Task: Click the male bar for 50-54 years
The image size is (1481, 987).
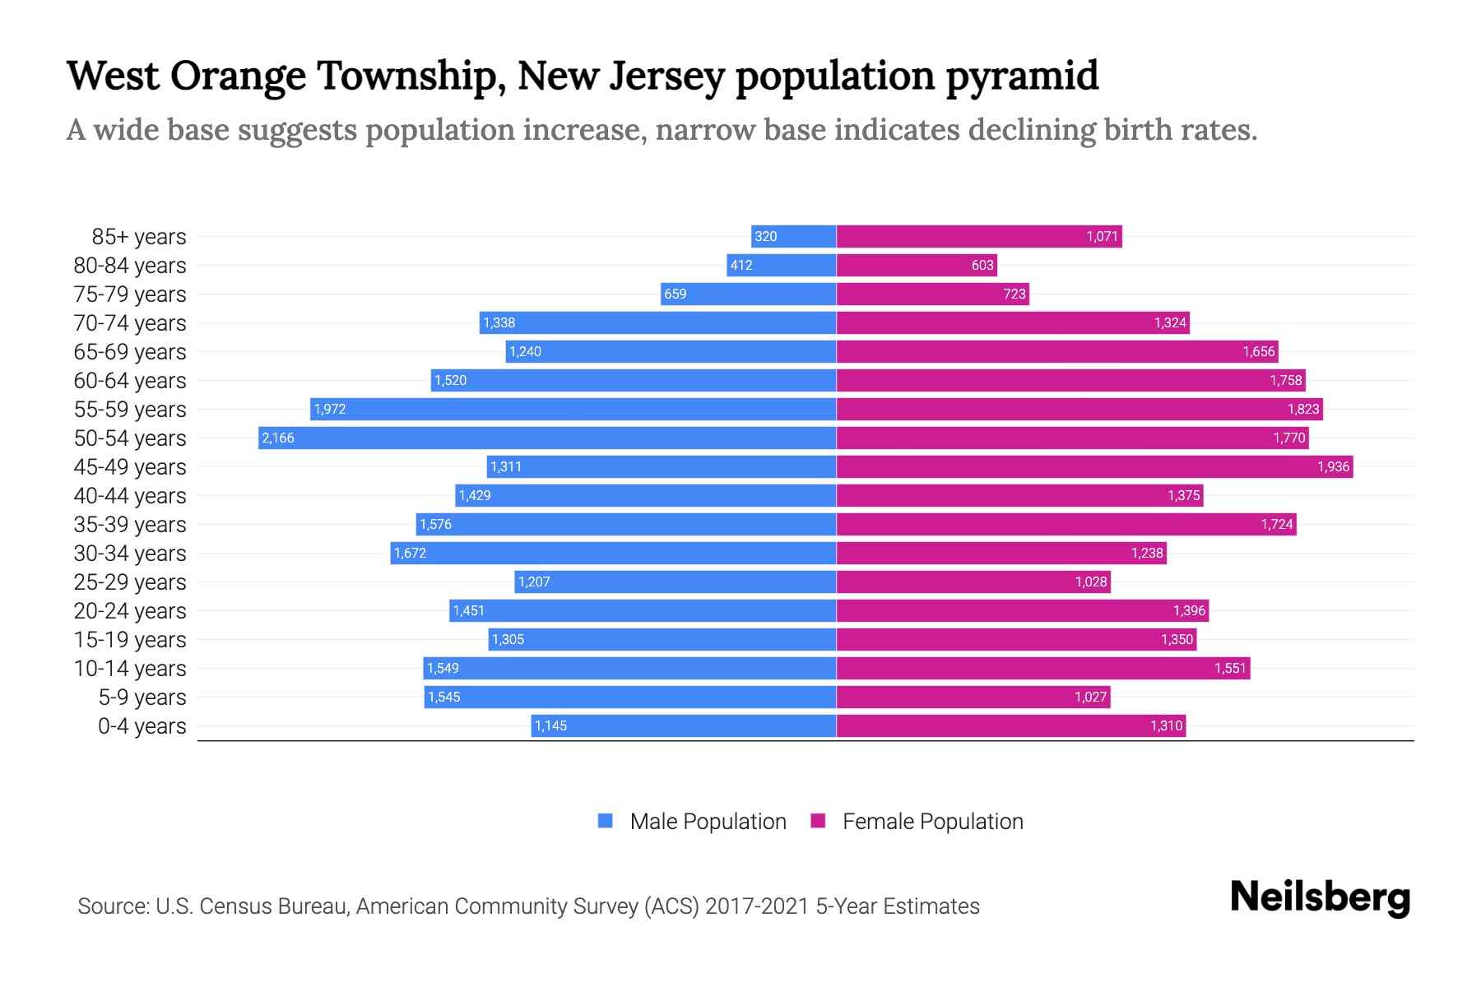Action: (x=547, y=438)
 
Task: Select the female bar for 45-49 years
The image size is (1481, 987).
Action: (x=1094, y=466)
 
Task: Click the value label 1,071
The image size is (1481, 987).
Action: (x=1102, y=237)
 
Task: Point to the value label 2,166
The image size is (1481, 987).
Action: (x=278, y=438)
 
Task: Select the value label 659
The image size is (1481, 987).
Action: (x=675, y=294)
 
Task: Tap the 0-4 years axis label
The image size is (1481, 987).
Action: (x=142, y=726)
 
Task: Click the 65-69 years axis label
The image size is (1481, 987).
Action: (x=130, y=352)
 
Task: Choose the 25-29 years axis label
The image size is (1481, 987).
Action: (x=130, y=582)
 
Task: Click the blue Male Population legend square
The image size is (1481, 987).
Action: (x=606, y=821)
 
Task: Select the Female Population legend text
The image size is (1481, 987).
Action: (x=932, y=822)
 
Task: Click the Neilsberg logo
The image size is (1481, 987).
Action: (x=1320, y=897)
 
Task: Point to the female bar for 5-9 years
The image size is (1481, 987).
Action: (x=973, y=697)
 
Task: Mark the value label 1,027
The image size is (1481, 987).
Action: (x=1090, y=697)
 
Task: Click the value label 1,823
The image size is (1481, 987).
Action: (x=1303, y=410)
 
